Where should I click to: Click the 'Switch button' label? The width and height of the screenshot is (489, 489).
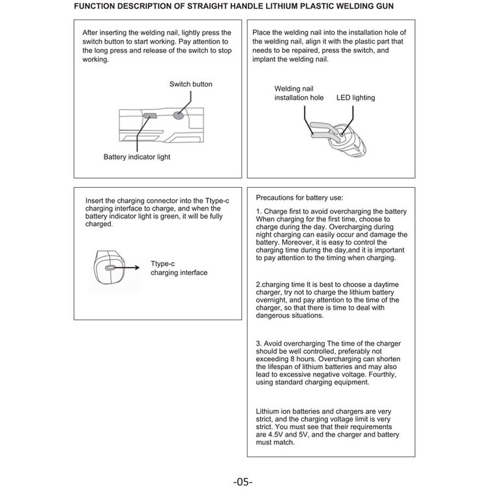click(x=190, y=84)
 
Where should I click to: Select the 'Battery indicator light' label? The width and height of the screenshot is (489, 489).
click(x=136, y=157)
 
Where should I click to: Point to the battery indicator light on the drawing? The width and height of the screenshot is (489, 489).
click(x=149, y=115)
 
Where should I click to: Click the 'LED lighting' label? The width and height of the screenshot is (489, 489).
click(x=355, y=98)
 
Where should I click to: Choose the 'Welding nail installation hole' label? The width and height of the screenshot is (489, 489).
click(x=299, y=93)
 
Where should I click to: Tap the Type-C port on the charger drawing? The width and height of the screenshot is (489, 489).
click(x=110, y=267)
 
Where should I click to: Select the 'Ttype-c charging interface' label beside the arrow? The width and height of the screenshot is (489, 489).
click(x=179, y=268)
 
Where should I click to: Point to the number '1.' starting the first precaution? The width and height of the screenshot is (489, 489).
click(x=259, y=212)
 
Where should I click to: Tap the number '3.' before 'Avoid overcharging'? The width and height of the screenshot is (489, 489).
click(x=259, y=344)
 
